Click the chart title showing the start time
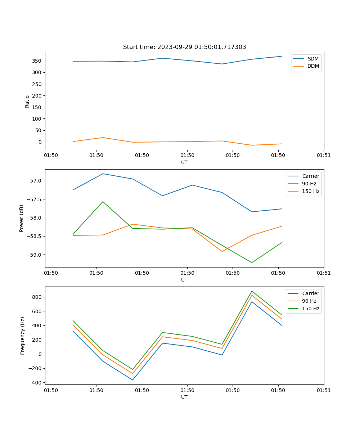tap(184, 47)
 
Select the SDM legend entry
tap(312, 59)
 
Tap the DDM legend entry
tap(313, 66)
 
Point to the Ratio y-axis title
tap(27, 101)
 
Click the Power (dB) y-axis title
tap(22, 218)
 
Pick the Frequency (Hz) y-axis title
tap(23, 336)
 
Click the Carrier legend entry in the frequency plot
tap(310, 293)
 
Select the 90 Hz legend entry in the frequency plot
tap(309, 301)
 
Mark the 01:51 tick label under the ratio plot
tap(323, 156)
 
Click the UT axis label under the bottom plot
tap(184, 397)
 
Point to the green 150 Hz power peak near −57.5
tap(103, 202)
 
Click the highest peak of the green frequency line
tap(252, 291)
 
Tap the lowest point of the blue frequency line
tap(133, 380)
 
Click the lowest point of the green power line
tap(252, 262)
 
